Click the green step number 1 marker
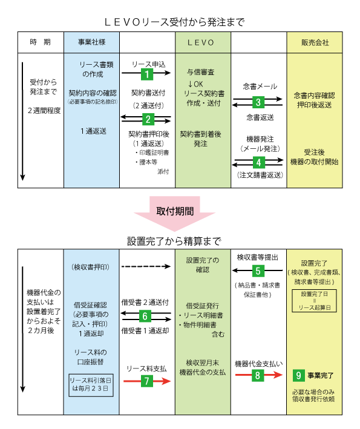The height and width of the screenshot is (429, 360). (x=147, y=74)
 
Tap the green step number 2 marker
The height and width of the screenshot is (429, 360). (x=148, y=119)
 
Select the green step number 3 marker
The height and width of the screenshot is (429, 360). (x=258, y=102)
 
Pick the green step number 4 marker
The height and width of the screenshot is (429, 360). (x=258, y=163)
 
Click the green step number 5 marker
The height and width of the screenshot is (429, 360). (x=258, y=271)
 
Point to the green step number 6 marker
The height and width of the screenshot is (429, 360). (x=145, y=316)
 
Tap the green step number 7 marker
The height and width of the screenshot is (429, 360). (x=147, y=381)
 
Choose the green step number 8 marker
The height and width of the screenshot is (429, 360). (x=257, y=375)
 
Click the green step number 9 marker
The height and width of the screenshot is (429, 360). (x=298, y=376)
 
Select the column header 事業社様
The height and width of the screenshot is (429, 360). (x=91, y=42)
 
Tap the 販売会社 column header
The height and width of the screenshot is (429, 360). (x=315, y=42)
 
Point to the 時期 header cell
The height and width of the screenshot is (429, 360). (x=41, y=42)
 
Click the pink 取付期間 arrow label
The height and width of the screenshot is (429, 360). (x=175, y=211)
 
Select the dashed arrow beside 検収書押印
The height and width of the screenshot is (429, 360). (x=146, y=266)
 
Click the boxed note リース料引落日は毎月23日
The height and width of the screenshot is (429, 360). (x=91, y=385)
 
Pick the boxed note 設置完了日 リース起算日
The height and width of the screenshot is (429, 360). (x=314, y=301)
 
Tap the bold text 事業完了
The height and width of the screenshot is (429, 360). (x=321, y=376)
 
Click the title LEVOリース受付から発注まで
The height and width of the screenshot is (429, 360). (x=174, y=22)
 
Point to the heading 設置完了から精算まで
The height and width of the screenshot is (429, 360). (x=174, y=241)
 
